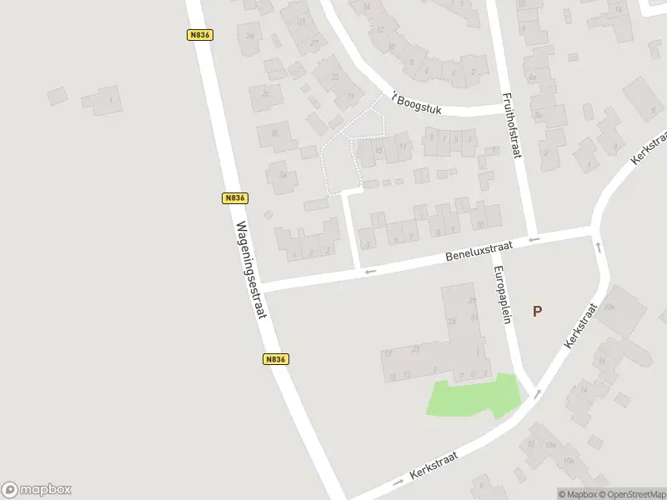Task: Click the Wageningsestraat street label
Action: click(251, 269)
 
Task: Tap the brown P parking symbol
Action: click(537, 312)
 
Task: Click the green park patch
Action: click(471, 396)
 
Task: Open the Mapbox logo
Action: click(37, 489)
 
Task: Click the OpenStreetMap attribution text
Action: click(627, 494)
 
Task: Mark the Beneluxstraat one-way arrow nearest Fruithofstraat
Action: click(534, 240)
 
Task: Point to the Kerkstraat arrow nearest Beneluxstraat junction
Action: click(597, 247)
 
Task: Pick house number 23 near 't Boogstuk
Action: click(336, 77)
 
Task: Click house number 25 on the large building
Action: click(453, 322)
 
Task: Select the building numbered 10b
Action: click(569, 461)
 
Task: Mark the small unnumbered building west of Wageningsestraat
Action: click(57, 96)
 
